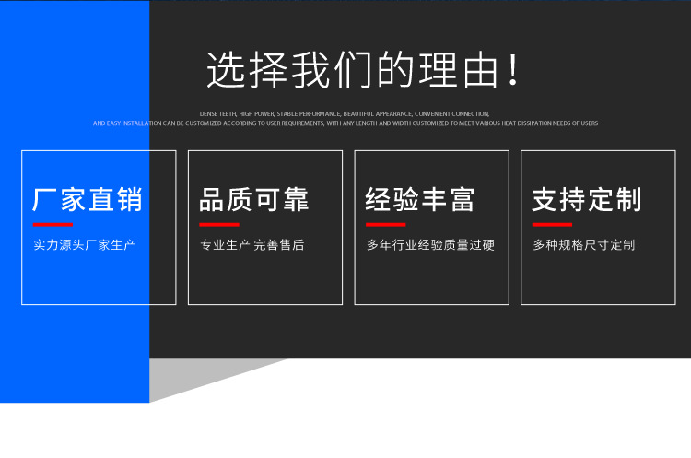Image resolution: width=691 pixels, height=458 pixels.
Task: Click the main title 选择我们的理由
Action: click(355, 71)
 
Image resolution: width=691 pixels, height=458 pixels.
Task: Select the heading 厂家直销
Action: click(88, 199)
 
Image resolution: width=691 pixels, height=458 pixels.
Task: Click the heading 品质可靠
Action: click(254, 199)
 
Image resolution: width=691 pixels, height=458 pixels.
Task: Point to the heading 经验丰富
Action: click(420, 199)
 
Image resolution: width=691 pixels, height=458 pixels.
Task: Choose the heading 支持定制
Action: click(587, 199)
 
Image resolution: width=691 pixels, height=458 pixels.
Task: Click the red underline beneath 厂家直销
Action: click(53, 224)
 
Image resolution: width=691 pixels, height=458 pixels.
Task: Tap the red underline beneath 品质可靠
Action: click(219, 224)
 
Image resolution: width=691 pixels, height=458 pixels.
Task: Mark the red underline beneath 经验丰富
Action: click(385, 224)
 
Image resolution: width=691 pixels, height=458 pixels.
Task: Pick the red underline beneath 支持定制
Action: click(552, 224)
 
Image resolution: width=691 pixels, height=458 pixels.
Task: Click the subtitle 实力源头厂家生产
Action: click(85, 245)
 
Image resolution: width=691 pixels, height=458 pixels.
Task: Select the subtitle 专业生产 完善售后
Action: click(252, 245)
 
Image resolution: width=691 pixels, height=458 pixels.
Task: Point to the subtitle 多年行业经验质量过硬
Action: click(430, 245)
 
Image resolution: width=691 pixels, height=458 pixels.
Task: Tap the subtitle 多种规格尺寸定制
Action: click(584, 245)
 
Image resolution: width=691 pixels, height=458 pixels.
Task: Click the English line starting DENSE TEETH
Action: click(345, 113)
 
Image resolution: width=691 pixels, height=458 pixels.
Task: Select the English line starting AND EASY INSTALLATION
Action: click(345, 123)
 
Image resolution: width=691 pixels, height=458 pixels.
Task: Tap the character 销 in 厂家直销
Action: click(130, 199)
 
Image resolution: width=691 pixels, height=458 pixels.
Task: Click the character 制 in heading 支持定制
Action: click(628, 199)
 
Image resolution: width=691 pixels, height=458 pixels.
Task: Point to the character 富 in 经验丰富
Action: click(462, 199)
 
